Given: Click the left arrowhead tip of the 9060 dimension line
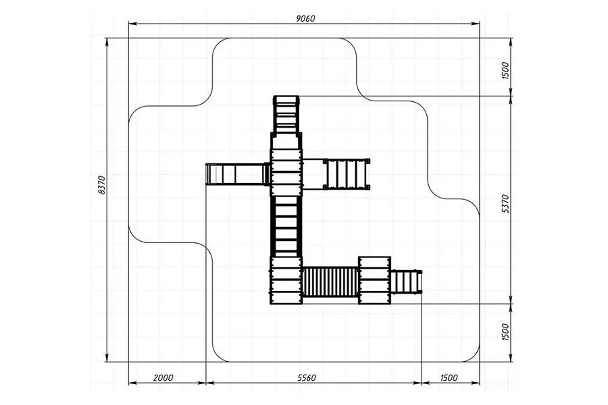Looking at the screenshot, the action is (129, 24).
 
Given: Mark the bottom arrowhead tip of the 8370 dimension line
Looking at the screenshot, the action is (107, 362).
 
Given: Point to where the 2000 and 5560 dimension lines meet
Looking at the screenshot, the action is (206, 383).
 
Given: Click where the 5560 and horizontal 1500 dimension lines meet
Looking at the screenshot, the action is (422, 383).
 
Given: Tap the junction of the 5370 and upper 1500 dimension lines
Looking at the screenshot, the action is (511, 96).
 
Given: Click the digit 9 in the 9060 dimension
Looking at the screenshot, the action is (298, 18).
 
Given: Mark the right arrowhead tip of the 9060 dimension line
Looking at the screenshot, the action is (480, 24).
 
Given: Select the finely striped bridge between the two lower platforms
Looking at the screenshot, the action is (330, 281).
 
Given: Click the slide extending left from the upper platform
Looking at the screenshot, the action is (237, 174).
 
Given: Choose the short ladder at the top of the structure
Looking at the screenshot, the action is (286, 114).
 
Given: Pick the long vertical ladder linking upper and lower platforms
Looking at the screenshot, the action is (286, 226).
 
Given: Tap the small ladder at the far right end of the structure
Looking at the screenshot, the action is (406, 281).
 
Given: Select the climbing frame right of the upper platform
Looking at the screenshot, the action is (347, 174).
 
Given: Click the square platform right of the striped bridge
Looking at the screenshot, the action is (374, 280).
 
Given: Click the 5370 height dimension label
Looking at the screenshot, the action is (505, 204).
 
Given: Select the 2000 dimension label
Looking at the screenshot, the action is (163, 377).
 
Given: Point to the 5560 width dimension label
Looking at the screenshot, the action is (306, 377).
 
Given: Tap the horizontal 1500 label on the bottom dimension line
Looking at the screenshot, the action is (449, 377).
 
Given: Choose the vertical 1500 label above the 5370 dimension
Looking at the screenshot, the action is (505, 70).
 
